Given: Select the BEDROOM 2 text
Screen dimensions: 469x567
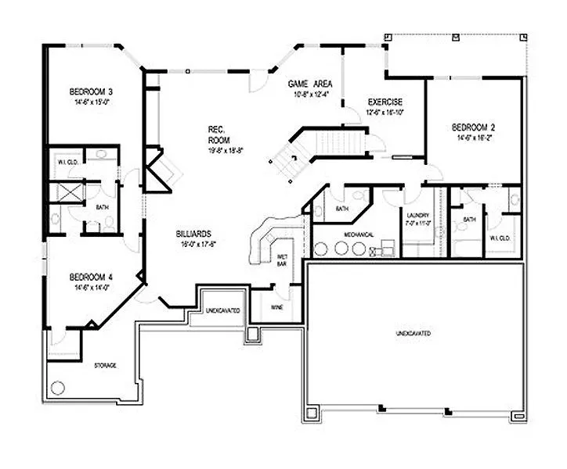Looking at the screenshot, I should [x=473, y=127].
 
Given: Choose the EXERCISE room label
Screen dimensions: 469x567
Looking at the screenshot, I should [x=385, y=102].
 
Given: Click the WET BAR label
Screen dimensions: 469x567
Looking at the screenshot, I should [x=282, y=261].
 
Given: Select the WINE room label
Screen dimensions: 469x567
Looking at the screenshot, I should [x=277, y=307].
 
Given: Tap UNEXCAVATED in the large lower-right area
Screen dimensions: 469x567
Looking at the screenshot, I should [x=413, y=334].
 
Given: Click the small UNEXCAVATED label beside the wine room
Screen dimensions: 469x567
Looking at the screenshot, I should [x=223, y=311].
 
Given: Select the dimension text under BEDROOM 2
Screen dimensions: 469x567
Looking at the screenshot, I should [x=473, y=137].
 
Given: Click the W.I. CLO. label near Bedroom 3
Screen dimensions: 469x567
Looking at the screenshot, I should [x=66, y=162].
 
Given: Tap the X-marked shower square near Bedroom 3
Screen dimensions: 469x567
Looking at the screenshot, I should [x=66, y=193].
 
